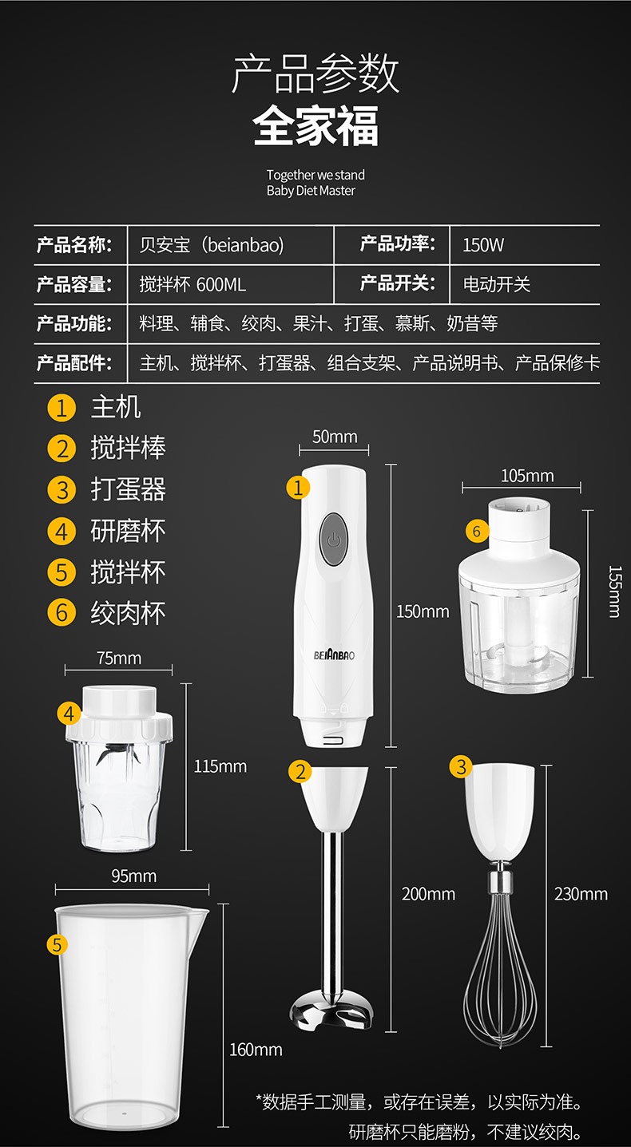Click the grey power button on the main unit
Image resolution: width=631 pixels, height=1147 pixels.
pos(333,540)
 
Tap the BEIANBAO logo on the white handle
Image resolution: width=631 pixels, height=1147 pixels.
pos(334,655)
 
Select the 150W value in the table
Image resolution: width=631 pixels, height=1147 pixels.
pos(483,245)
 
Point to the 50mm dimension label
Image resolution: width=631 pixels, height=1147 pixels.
pos(335,437)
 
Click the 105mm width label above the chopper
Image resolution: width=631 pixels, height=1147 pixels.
pos(527,476)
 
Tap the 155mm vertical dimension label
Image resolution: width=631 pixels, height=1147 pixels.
pos(614,591)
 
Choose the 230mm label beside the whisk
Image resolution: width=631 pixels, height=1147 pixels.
pos(581,894)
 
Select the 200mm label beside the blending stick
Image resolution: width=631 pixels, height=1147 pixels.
pos(428,894)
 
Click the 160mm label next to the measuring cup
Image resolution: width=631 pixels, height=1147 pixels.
pos(256,1050)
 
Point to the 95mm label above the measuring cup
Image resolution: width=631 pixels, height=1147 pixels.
pos(133,876)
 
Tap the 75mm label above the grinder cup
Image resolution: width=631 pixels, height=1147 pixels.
pos(119,658)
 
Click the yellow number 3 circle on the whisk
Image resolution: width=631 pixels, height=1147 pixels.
pos(461,766)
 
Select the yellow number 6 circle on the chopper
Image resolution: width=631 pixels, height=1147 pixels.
pos(477,531)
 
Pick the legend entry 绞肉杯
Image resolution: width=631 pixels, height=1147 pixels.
pos(128,614)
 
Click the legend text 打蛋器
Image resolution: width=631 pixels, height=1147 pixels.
pos(128,489)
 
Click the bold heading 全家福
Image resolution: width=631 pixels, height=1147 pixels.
pos(315,125)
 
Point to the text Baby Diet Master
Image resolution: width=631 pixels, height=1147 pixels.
pos(311,191)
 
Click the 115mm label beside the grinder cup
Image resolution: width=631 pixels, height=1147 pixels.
pos(220,766)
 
